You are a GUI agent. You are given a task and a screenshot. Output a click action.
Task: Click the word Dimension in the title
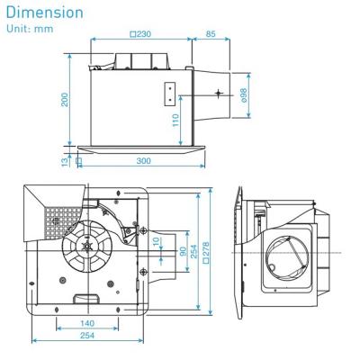click(44, 13)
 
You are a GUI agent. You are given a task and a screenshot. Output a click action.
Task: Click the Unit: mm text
click(28, 30)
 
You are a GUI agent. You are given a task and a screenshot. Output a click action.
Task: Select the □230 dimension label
click(139, 33)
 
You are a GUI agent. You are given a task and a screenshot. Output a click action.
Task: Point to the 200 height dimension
click(65, 99)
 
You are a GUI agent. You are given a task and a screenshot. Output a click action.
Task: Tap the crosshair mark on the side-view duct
click(219, 94)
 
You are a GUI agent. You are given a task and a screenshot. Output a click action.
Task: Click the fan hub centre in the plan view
click(88, 247)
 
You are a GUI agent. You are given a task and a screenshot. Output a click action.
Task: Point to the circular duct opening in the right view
click(289, 256)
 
